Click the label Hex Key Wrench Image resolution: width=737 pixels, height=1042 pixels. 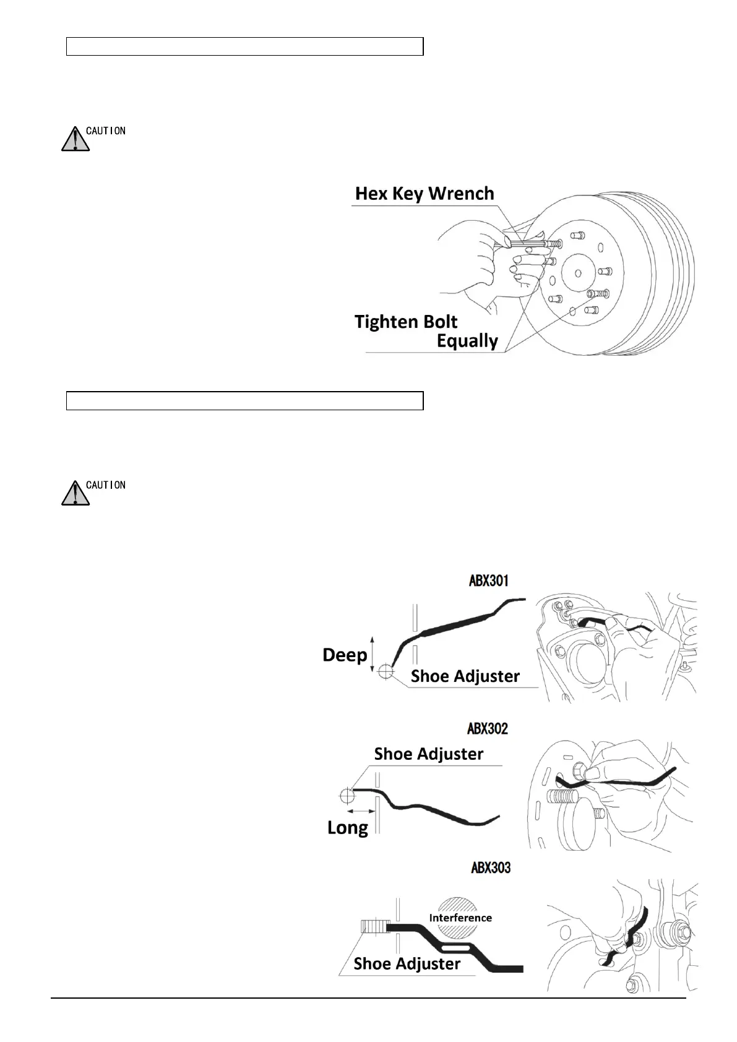(425, 194)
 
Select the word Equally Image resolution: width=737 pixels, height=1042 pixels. (467, 341)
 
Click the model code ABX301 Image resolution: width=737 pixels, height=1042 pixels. (489, 580)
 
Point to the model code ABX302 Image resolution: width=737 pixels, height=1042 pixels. (488, 728)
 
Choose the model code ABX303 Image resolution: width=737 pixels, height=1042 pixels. (491, 868)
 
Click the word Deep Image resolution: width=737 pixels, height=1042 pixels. (345, 655)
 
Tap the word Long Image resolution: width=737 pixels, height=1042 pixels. (348, 827)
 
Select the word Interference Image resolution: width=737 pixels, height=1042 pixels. (460, 918)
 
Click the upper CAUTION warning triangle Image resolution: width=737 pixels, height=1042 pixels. (75, 139)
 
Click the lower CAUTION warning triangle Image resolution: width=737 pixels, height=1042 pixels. (75, 493)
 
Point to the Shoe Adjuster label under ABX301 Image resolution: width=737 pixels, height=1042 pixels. (465, 676)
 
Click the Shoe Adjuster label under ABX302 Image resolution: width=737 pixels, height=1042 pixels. (428, 754)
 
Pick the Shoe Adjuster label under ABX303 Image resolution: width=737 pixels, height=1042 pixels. (407, 963)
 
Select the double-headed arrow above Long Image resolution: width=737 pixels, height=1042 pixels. (361, 811)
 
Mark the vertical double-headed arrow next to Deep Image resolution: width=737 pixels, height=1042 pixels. (372, 653)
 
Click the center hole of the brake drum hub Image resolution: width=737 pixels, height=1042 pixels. (577, 273)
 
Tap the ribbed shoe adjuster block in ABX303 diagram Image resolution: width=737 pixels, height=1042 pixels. (374, 926)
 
